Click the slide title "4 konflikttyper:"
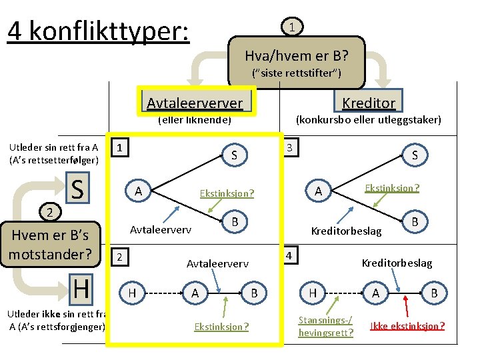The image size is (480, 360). [99, 31]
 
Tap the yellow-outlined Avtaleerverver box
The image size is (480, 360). [195, 102]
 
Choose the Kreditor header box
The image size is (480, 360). [369, 102]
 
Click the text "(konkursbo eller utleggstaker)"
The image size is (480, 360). [368, 120]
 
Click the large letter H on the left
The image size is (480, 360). [81, 289]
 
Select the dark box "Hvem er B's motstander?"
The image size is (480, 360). [50, 244]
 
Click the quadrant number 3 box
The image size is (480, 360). [289, 147]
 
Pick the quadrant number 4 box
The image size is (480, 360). [289, 255]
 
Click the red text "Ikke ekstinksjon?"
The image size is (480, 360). [407, 326]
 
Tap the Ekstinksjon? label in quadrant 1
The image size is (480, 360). [227, 193]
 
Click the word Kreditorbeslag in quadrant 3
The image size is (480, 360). [347, 231]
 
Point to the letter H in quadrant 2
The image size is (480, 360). [132, 292]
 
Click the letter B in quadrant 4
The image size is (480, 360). [435, 292]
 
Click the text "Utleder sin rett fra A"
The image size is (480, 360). [53, 147]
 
